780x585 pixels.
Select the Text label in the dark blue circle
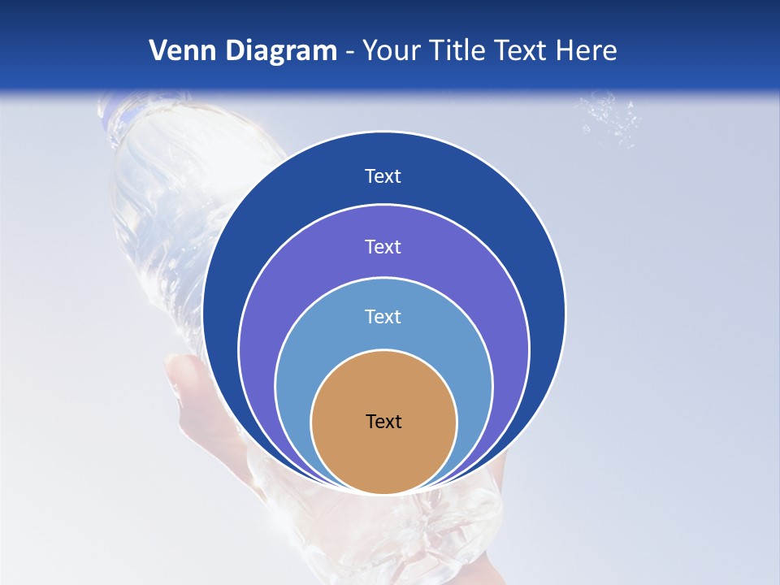[x=383, y=176]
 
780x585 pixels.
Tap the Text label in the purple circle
[x=383, y=246]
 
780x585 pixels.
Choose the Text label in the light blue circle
[x=383, y=316]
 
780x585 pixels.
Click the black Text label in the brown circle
[x=383, y=422]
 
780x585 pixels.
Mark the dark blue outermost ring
[x=244, y=244]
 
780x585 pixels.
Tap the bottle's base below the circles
[x=455, y=528]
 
